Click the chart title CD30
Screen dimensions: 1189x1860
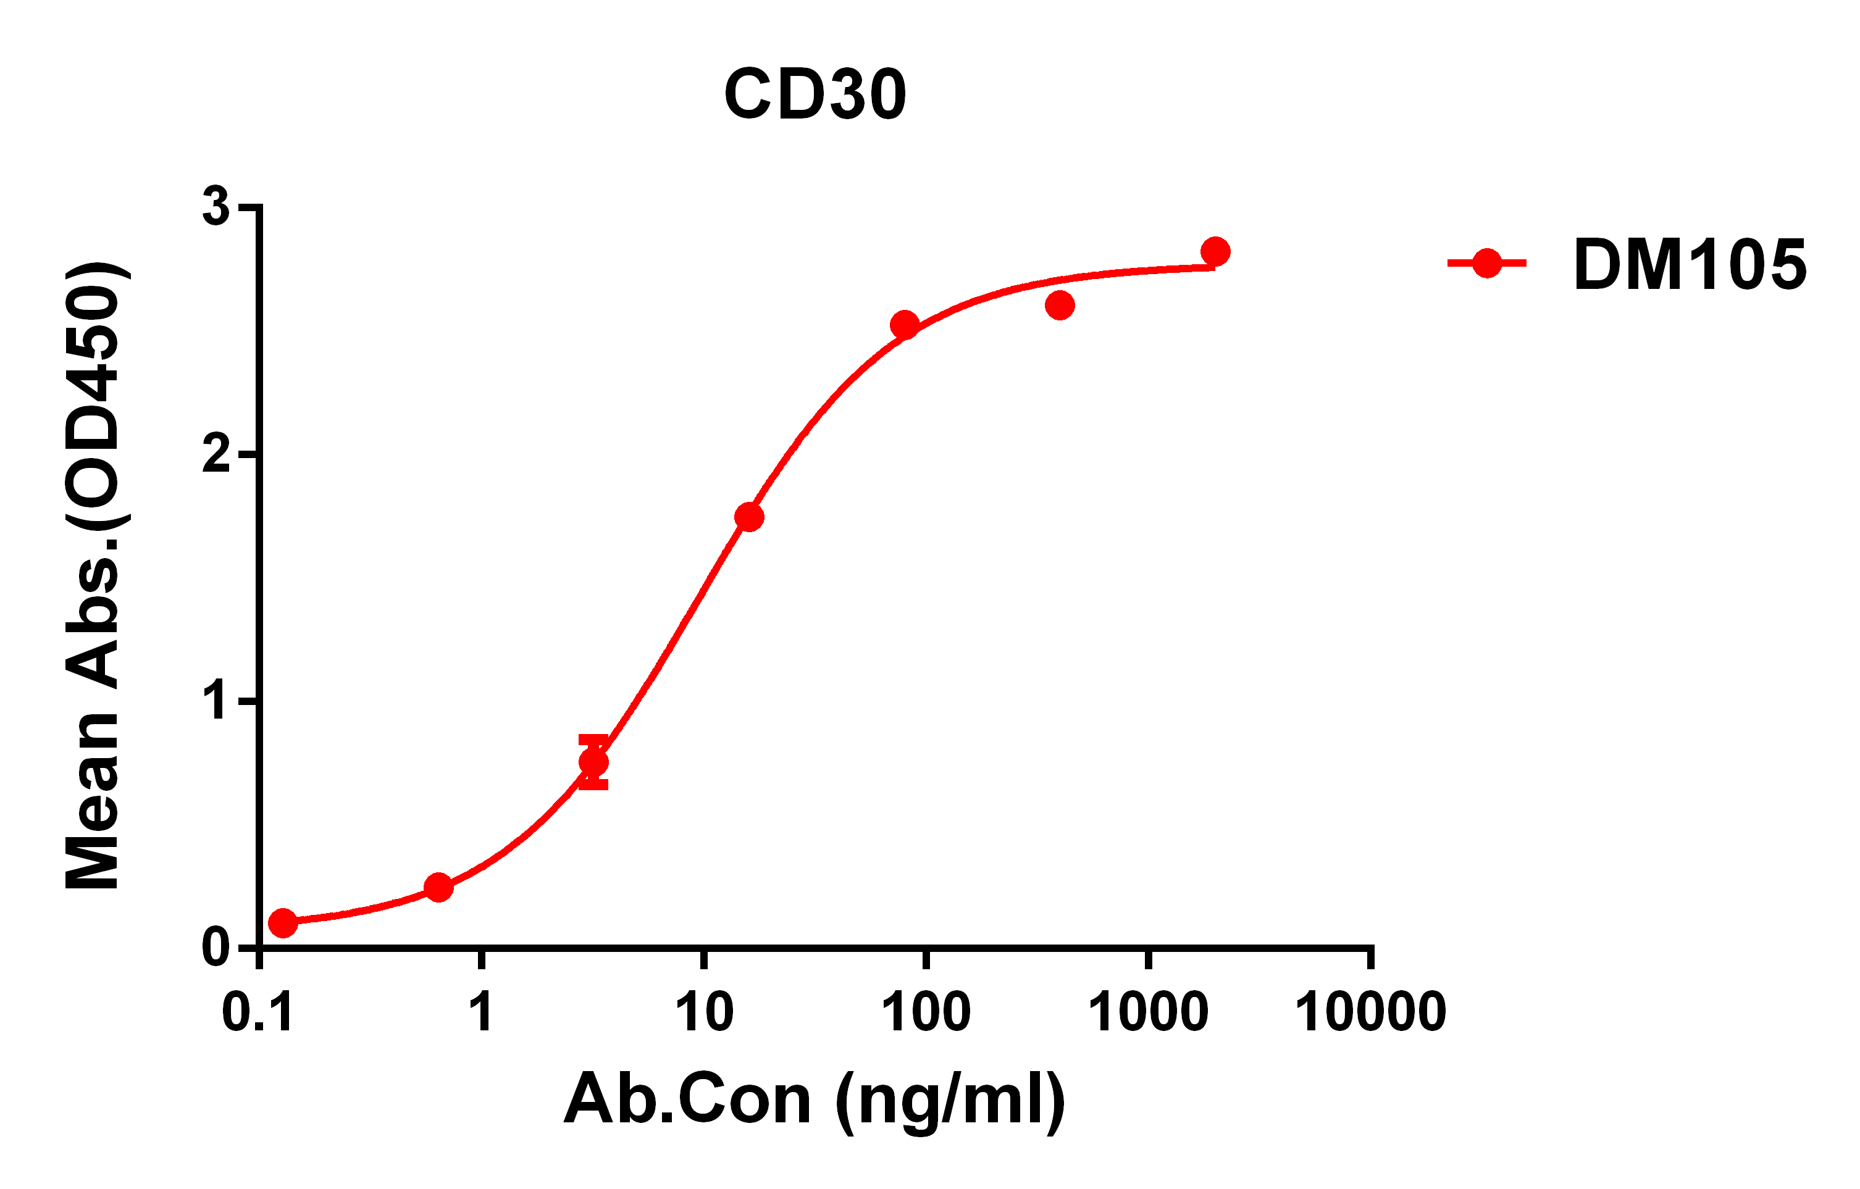tap(815, 94)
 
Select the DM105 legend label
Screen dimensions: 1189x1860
tap(1690, 265)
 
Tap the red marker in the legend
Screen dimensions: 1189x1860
tap(1487, 263)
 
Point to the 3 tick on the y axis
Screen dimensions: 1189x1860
tap(216, 207)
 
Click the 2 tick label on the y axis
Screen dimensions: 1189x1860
tap(216, 455)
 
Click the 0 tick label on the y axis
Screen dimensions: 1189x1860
tap(216, 948)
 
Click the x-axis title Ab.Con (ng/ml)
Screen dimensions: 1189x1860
tap(815, 1100)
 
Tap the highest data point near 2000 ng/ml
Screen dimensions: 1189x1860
tap(1215, 252)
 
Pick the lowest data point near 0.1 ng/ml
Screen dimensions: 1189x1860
tap(283, 923)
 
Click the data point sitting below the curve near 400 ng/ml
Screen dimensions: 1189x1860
tap(1060, 306)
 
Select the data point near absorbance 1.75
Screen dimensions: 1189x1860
tap(749, 517)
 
